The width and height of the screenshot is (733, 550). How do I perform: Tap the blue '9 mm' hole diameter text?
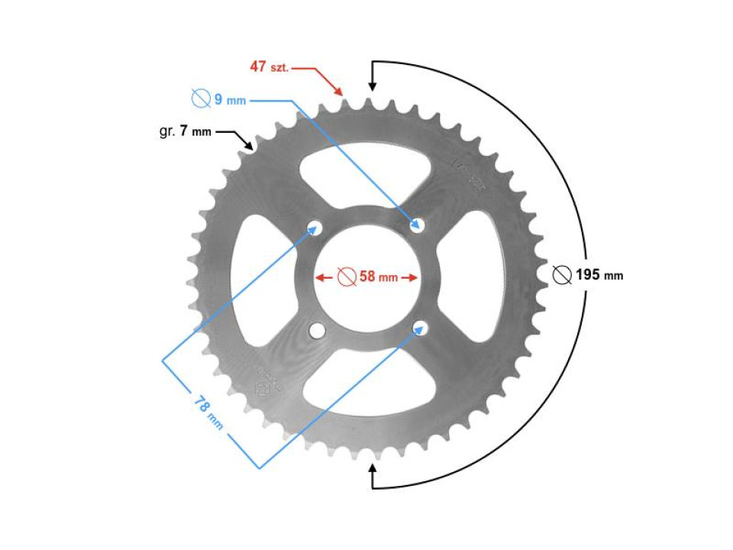point(229,100)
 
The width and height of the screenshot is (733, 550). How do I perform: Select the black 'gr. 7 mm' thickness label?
point(185,131)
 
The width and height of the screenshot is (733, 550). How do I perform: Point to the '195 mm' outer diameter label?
point(599,275)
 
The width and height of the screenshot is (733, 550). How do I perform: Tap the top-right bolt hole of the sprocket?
point(418,224)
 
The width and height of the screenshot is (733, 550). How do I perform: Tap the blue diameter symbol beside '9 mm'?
point(200,99)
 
